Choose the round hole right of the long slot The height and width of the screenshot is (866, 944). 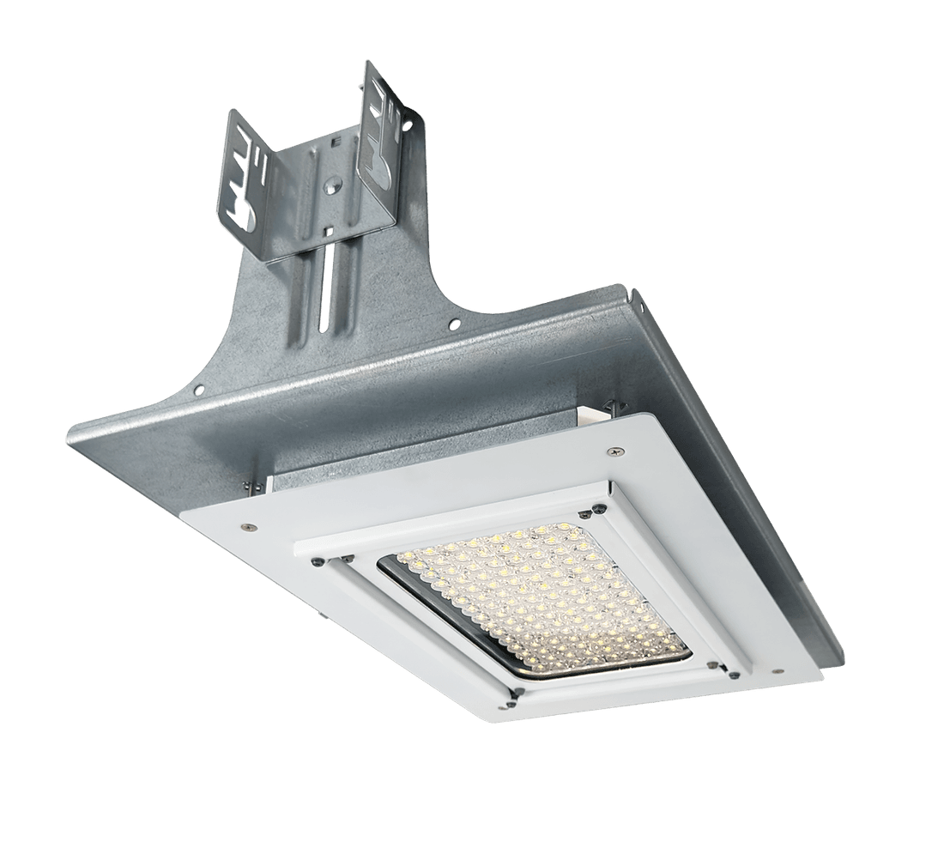tap(456, 324)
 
